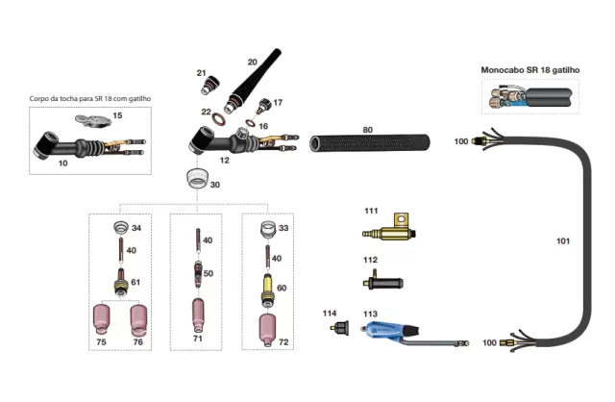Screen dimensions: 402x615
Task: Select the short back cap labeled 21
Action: (208, 87)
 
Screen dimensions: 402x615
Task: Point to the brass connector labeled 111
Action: (390, 232)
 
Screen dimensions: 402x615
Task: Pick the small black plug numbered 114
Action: (338, 329)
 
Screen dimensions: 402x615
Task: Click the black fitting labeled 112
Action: (382, 280)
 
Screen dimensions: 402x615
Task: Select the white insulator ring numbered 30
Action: (198, 180)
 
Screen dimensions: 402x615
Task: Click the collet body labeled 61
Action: (121, 283)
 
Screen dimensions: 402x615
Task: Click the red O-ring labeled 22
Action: (219, 122)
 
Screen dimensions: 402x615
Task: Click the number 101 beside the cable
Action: (564, 240)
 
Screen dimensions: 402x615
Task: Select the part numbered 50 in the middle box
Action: (197, 274)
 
